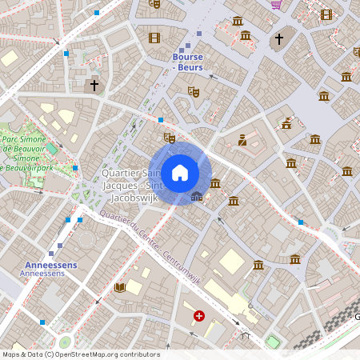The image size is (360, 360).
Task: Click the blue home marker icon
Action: pos(180,173)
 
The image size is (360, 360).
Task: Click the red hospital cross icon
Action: pos(198,317)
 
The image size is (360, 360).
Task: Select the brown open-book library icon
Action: pos(120,287)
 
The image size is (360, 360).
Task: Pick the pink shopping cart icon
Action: pos(276,4)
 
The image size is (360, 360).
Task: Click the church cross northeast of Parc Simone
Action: pos(94,84)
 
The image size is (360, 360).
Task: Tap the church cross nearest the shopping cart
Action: pos(279,38)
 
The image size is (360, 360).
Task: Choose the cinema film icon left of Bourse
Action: pos(154,38)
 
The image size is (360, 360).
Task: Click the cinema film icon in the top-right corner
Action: pos(326,14)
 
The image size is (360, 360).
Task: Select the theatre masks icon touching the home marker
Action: pos(169,138)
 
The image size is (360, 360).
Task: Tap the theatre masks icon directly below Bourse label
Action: pos(193,92)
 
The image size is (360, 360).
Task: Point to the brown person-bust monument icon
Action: pos(242,141)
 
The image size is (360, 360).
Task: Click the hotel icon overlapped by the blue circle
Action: pos(197,196)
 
